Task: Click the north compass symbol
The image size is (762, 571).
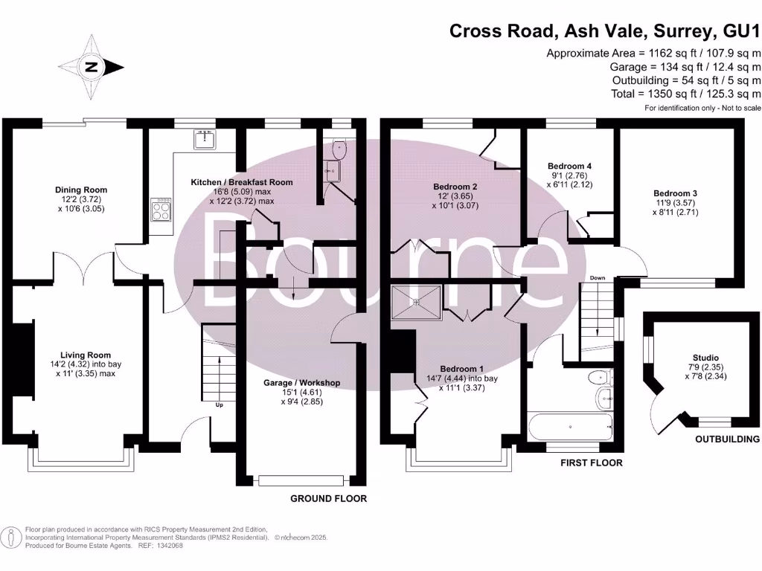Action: point(91,67)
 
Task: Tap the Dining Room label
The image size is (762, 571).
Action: point(80,190)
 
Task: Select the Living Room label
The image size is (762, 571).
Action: point(86,355)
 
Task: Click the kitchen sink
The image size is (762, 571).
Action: point(205,139)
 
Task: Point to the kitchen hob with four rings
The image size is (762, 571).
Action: point(161,209)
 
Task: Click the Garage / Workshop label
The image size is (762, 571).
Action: point(302,383)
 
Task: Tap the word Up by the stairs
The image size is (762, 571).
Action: point(220,405)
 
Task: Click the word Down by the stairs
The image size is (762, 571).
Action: point(598,278)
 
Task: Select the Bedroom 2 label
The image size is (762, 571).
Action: point(455,187)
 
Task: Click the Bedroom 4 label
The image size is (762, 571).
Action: point(569,166)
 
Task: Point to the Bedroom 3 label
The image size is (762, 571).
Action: point(676,193)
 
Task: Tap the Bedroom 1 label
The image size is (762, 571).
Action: point(462,369)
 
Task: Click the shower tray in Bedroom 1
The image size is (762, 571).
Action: point(417,302)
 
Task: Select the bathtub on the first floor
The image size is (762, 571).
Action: point(570,427)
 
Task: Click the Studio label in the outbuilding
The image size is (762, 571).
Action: point(706,358)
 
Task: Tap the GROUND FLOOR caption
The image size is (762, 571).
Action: point(328,499)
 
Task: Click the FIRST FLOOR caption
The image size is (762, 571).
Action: point(592,462)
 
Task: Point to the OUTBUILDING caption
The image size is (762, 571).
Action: point(728,439)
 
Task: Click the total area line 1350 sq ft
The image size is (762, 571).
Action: point(686,94)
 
